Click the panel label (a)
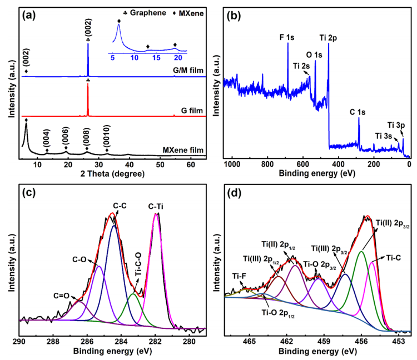[x=29, y=16]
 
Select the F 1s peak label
[x=287, y=37]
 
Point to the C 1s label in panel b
[x=358, y=112]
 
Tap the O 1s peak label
[x=314, y=55]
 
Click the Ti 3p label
[x=396, y=125]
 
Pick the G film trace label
[x=192, y=110]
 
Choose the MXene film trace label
[x=183, y=150]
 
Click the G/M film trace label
[x=188, y=70]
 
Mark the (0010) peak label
[x=106, y=136]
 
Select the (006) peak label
[x=66, y=136]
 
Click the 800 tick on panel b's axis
[x=267, y=164]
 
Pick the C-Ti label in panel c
[x=156, y=206]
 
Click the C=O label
[x=61, y=296]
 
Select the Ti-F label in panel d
[x=239, y=276]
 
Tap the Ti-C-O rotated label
[x=138, y=265]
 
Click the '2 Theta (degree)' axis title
[x=113, y=174]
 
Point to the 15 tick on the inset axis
[x=156, y=58]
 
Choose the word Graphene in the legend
[x=148, y=13]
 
